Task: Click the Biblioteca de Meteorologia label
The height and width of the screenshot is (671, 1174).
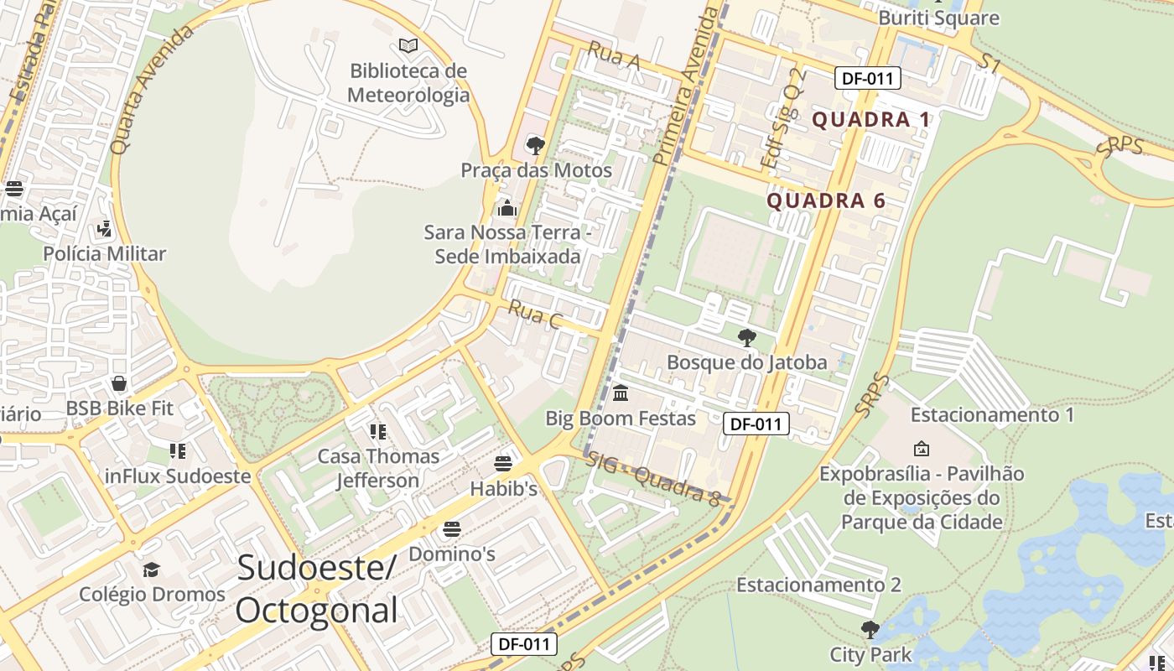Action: (x=408, y=83)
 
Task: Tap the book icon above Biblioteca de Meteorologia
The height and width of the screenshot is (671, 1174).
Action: (x=408, y=45)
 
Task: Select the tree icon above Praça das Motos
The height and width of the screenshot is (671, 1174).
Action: (x=535, y=146)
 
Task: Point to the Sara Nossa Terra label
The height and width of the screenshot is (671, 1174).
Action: (x=507, y=244)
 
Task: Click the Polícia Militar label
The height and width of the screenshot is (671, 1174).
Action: (x=105, y=253)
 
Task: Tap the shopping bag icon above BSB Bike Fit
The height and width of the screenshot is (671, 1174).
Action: (x=119, y=383)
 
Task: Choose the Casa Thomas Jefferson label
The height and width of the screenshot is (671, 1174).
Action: (x=378, y=468)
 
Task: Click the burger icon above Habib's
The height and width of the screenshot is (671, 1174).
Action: (x=503, y=464)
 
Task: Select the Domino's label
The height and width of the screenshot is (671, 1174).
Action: (x=452, y=554)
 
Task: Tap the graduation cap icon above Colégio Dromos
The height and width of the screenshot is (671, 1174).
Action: (x=151, y=570)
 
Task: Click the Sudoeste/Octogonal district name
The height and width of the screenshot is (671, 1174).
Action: (x=316, y=589)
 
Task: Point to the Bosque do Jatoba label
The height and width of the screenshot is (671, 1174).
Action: (x=746, y=362)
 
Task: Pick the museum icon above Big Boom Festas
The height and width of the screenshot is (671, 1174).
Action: (x=621, y=393)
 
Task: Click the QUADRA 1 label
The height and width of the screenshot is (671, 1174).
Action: (x=871, y=119)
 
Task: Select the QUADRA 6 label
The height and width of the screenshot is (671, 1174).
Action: (x=826, y=200)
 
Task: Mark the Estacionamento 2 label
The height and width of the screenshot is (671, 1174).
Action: (x=818, y=585)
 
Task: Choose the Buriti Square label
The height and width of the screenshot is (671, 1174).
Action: (x=938, y=18)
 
